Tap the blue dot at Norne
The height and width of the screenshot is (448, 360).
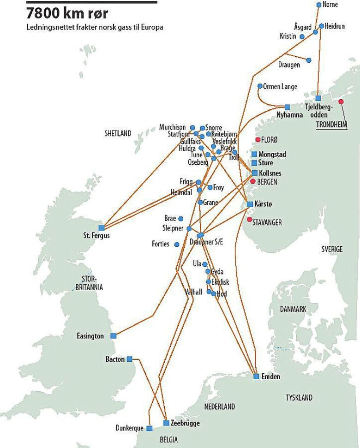[x=319, y=5]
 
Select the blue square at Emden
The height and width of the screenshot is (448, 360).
[x=256, y=377]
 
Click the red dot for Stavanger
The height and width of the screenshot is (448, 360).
[x=250, y=219]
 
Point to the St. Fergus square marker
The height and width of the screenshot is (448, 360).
[x=102, y=227]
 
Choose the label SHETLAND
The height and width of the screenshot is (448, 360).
[x=118, y=133]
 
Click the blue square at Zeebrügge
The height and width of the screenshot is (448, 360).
[x=166, y=423]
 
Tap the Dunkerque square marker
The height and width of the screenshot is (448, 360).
[x=149, y=428]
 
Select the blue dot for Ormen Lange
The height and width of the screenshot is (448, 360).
[x=260, y=86]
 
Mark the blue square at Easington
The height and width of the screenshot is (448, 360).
[x=114, y=336]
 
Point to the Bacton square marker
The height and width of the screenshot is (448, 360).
[x=129, y=358]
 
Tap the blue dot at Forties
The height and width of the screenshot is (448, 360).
[x=177, y=244]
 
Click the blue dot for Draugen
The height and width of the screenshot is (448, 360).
[x=309, y=60]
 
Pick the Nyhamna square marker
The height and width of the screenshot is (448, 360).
[x=288, y=107]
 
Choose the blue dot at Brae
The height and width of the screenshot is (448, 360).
[x=180, y=218]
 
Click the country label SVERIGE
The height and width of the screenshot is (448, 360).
[x=332, y=249]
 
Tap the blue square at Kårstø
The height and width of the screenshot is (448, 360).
[x=250, y=204]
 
